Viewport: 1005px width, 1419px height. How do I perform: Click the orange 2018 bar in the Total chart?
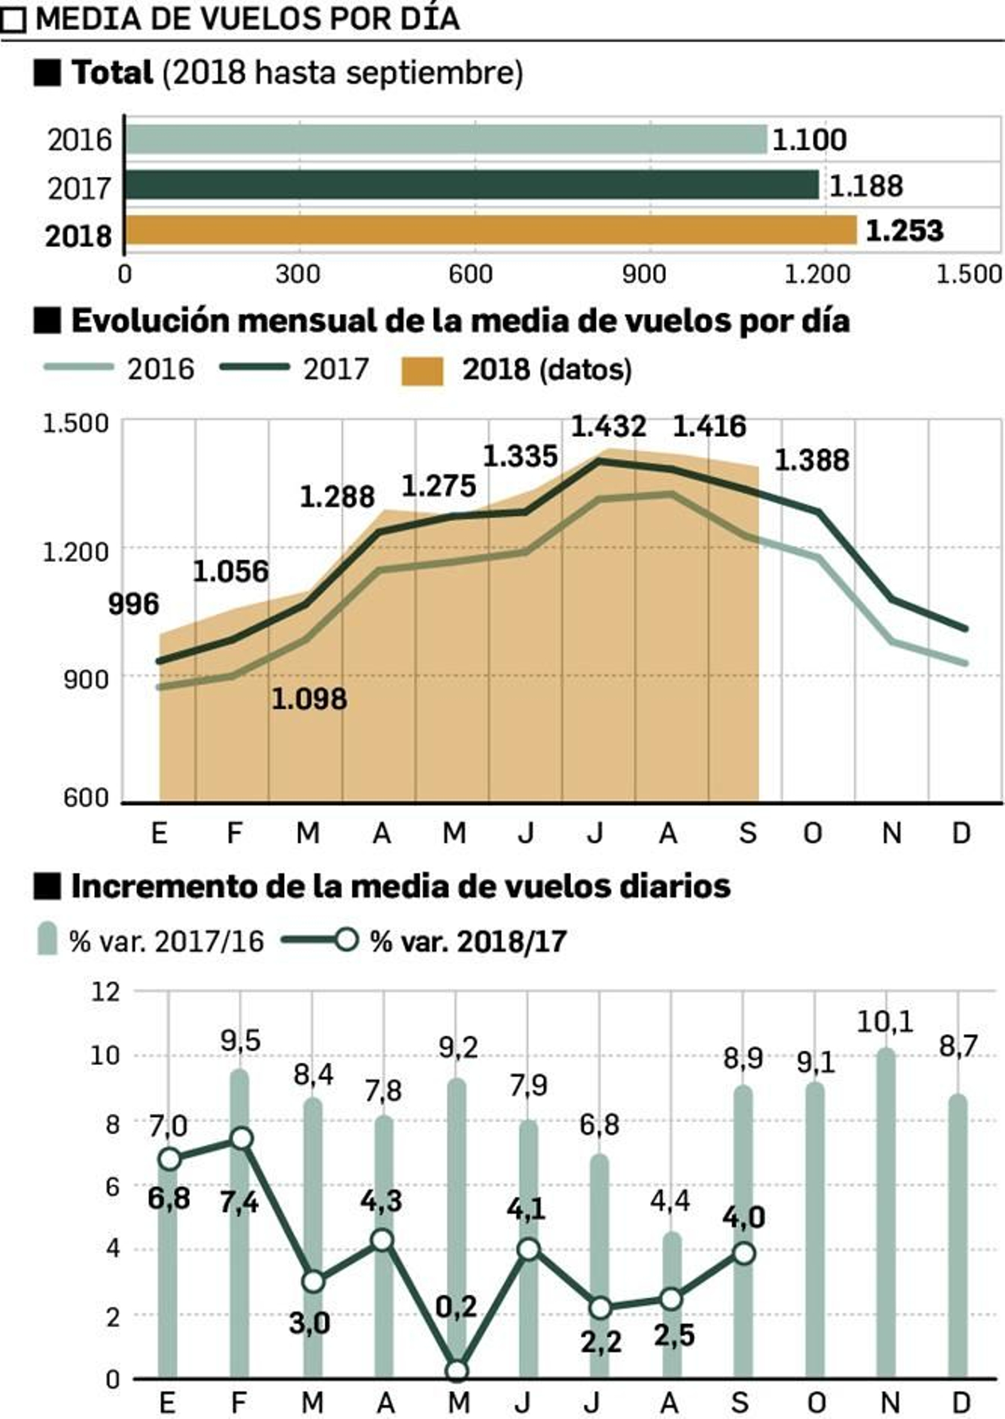point(490,230)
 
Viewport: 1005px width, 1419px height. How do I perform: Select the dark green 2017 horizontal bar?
point(471,185)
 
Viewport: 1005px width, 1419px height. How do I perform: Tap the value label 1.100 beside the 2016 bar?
point(808,139)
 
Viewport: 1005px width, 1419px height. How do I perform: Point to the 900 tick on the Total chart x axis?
point(643,274)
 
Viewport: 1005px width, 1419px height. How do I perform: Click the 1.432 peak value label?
point(607,427)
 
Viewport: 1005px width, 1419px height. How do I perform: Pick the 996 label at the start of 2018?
point(133,604)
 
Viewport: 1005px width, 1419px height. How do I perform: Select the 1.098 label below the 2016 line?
point(308,699)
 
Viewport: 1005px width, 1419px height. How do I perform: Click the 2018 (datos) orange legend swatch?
point(422,370)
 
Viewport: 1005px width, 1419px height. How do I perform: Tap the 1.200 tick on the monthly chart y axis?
point(75,552)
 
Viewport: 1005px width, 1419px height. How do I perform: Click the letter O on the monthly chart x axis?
point(812,834)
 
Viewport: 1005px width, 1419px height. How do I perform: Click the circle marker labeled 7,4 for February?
point(241,1138)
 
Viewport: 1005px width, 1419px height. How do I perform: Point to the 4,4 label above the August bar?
point(670,1200)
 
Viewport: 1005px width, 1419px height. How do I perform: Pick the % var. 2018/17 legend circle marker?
point(345,940)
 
